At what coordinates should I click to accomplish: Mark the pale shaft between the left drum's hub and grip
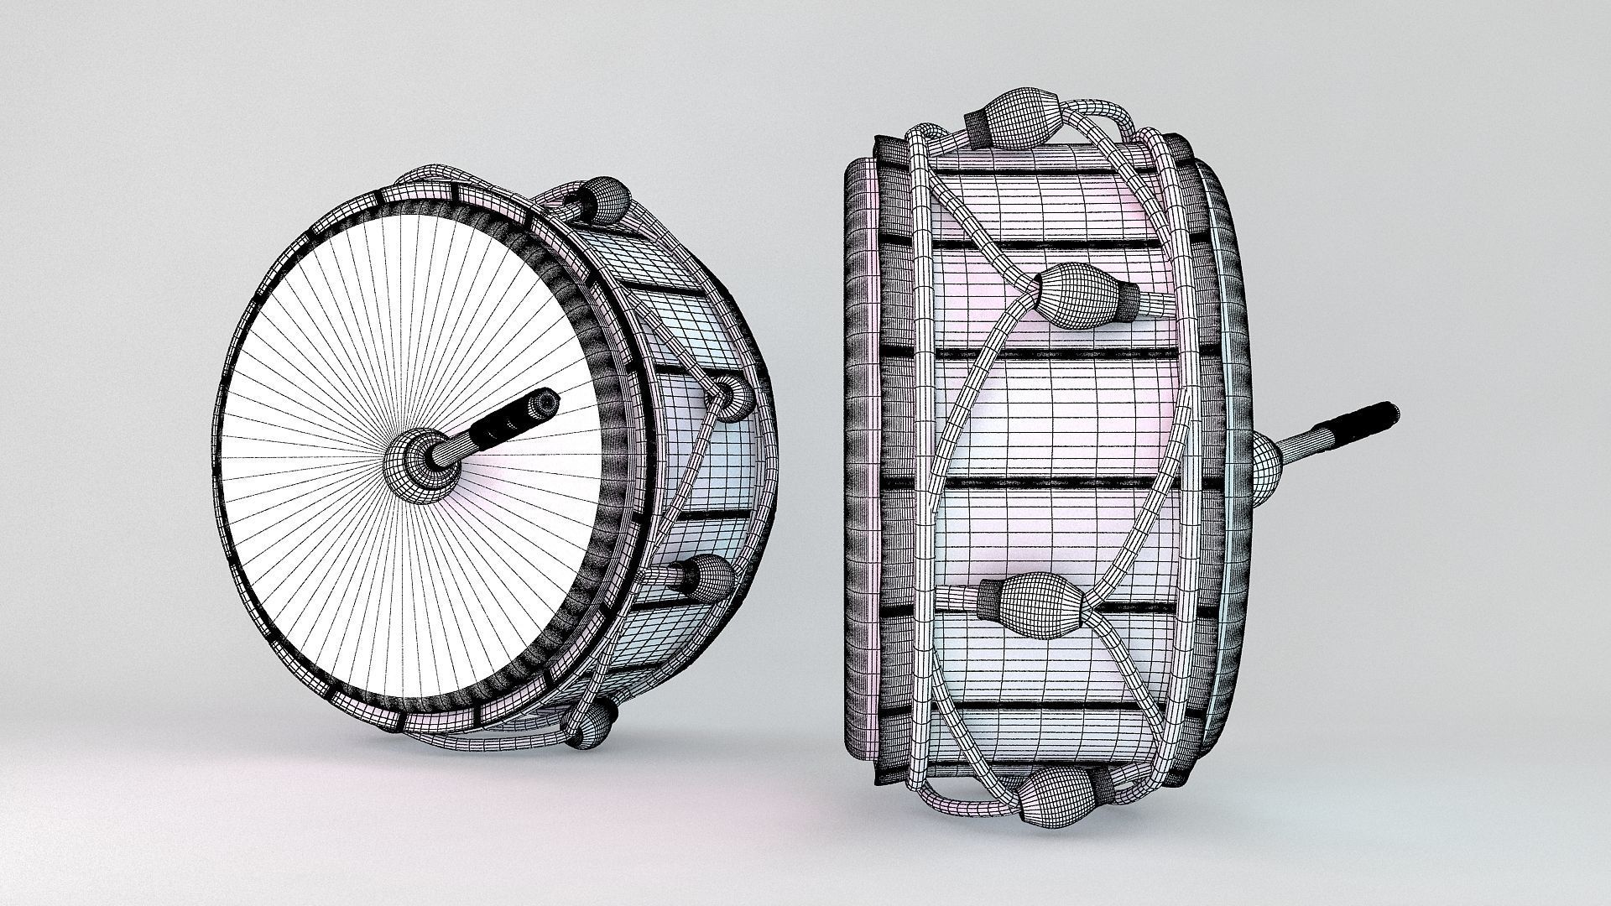[x=457, y=445]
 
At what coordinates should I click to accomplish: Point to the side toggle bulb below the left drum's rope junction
[x=709, y=579]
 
